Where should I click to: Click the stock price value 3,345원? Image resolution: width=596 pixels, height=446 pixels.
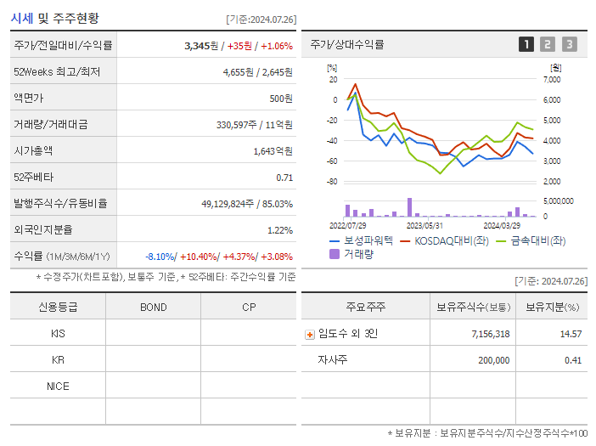(x=201, y=46)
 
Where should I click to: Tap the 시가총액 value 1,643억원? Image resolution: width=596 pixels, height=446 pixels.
(x=273, y=151)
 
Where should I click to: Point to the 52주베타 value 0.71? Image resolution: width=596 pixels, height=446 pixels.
(x=284, y=178)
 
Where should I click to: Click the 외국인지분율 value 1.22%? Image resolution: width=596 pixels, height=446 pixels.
(x=279, y=230)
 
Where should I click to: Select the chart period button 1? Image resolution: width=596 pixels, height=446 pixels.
(x=526, y=44)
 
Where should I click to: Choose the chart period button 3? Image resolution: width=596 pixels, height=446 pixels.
(x=569, y=44)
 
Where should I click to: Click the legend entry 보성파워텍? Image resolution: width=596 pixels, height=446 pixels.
(x=361, y=240)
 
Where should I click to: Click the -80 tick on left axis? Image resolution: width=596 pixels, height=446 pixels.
(x=332, y=182)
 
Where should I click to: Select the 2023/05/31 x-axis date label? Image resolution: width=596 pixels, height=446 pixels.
(x=425, y=226)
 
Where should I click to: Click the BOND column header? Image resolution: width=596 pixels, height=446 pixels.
(x=153, y=308)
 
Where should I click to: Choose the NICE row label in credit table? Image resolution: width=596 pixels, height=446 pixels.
(x=58, y=387)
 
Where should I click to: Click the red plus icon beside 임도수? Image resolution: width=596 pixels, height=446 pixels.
(x=309, y=335)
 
